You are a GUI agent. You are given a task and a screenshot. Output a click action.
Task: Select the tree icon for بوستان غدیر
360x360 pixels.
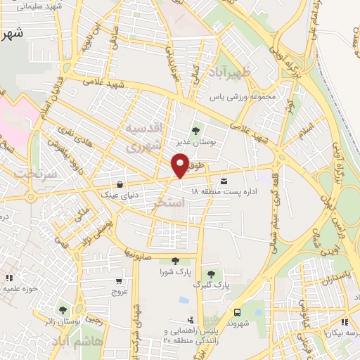[x=195, y=129]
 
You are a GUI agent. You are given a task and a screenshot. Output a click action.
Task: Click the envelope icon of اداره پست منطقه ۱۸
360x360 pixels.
[x=224, y=180]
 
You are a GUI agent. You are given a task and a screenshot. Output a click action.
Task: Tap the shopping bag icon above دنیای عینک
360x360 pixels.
[x=122, y=181]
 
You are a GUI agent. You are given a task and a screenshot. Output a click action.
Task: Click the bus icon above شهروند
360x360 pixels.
[x=236, y=312]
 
